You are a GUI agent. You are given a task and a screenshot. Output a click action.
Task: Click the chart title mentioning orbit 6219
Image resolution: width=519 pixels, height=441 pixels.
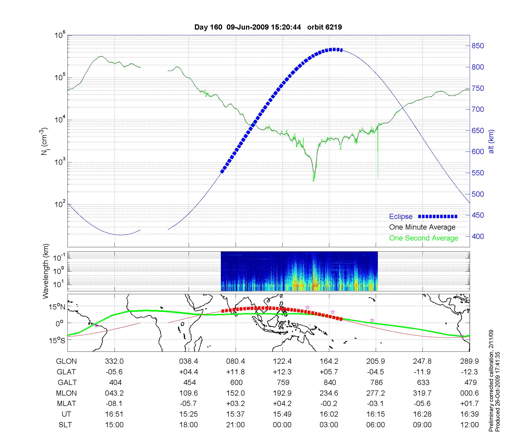coord(268,27)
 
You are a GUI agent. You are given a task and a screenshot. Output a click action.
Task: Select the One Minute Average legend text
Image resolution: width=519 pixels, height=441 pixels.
coord(422,227)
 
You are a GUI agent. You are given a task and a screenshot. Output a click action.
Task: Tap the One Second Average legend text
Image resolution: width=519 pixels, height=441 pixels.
coord(424,238)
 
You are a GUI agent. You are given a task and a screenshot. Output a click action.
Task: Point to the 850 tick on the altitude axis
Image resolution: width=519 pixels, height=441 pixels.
coord(478,46)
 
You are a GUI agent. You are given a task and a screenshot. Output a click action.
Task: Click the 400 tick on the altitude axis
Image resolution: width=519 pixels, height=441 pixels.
coord(478,236)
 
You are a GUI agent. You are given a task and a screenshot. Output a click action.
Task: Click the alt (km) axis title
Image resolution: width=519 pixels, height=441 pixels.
coord(491,141)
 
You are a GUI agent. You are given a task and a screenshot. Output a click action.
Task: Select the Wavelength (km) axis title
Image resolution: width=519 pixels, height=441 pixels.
coord(46,271)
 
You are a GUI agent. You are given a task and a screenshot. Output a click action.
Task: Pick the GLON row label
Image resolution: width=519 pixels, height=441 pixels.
coord(66,361)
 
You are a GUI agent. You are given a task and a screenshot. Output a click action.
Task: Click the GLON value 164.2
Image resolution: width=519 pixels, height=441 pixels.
coord(329,361)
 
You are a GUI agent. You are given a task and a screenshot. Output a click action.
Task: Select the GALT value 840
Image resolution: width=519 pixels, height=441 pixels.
coord(330,383)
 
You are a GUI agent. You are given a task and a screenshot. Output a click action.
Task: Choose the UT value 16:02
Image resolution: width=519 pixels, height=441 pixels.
coord(329,414)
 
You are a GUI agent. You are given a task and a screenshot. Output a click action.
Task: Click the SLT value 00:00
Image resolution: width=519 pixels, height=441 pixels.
coord(282,425)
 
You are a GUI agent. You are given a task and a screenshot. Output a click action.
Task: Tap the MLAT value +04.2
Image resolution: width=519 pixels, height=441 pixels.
coord(282,404)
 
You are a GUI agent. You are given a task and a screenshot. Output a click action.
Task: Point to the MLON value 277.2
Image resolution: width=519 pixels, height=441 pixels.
coord(375,393)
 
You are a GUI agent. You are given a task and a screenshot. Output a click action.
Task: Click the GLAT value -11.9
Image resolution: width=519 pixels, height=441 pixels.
coord(422,372)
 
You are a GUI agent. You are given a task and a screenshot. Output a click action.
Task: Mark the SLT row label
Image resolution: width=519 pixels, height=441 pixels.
coord(65,425)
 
